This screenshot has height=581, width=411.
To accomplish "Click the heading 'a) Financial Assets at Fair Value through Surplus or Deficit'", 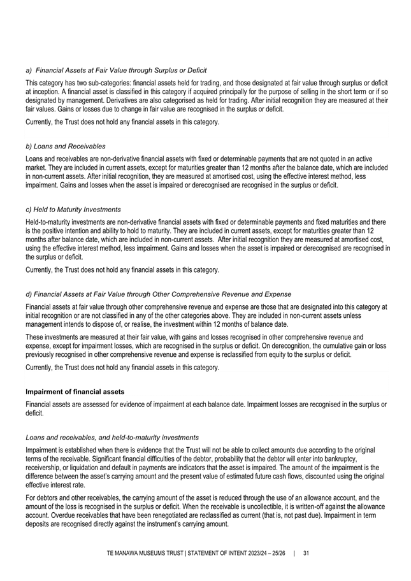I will point(116,69).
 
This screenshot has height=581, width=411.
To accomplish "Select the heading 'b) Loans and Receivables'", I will point(66,147).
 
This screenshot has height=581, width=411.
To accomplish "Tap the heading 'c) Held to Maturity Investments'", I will point(73,210).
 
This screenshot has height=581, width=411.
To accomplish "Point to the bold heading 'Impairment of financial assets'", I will point(75,391).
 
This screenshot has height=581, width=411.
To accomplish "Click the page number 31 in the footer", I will point(306,553).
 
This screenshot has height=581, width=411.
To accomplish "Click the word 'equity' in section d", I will point(271,355).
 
